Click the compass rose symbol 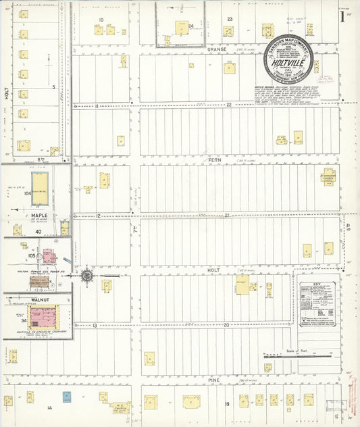[x=86, y=276]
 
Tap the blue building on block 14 [x=67, y=397]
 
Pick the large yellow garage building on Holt [x=242, y=284]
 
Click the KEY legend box [x=317, y=305]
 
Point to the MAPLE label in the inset [x=38, y=216]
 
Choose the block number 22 [x=228, y=105]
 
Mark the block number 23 [x=230, y=19]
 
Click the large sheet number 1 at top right [x=342, y=16]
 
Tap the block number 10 [x=101, y=20]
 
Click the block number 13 [x=95, y=326]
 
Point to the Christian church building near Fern [x=328, y=175]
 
